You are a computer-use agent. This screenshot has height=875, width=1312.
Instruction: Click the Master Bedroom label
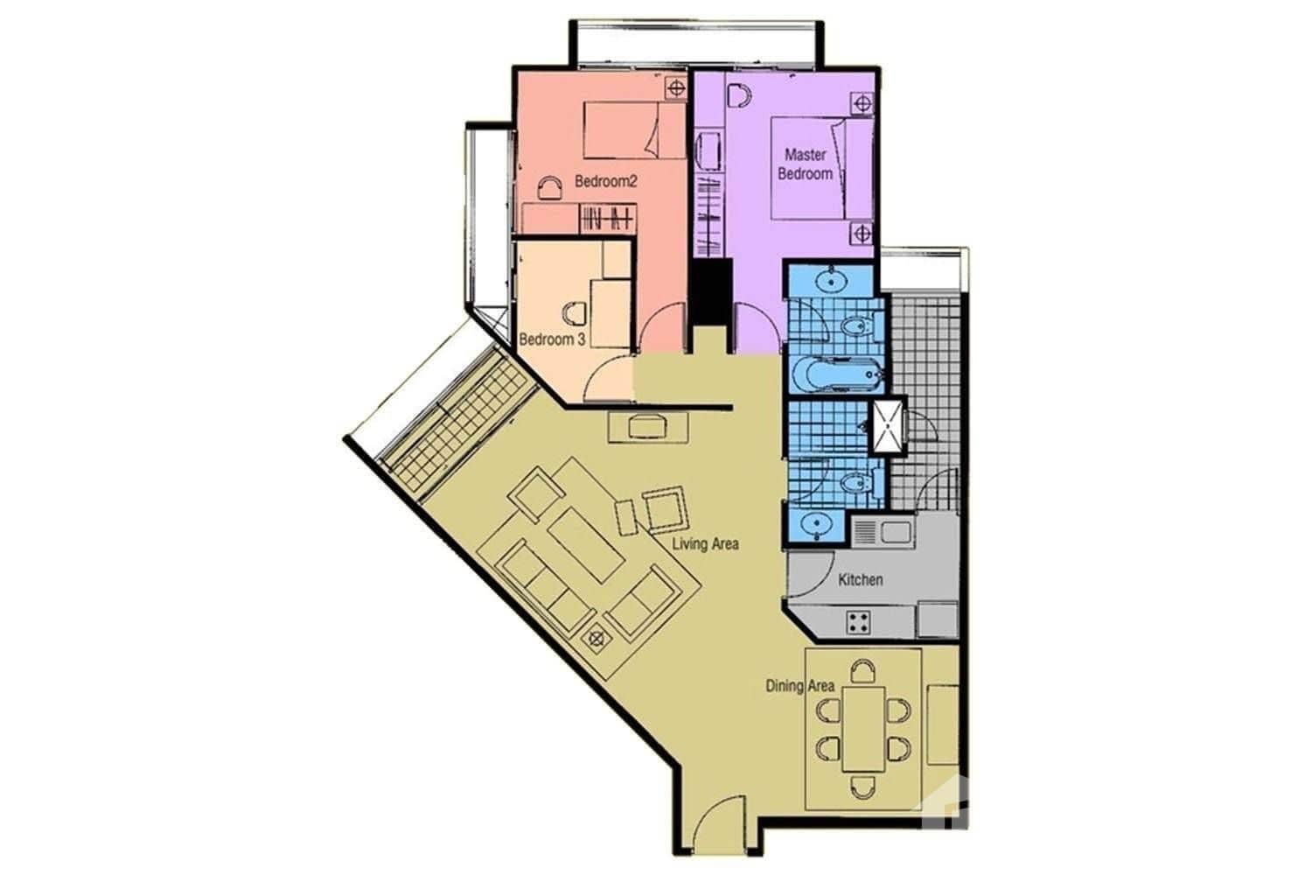805,164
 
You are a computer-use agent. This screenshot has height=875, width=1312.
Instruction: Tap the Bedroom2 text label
606,182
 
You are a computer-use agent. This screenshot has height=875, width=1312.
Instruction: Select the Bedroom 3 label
552,339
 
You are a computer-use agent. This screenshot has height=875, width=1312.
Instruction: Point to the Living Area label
705,543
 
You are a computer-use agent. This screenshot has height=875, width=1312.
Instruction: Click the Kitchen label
861,579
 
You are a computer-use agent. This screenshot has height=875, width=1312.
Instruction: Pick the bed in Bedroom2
621,129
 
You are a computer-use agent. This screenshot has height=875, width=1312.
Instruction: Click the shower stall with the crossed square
888,428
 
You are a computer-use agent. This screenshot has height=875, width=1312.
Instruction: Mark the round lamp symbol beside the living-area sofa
597,640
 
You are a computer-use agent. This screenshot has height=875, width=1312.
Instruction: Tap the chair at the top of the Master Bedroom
739,94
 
